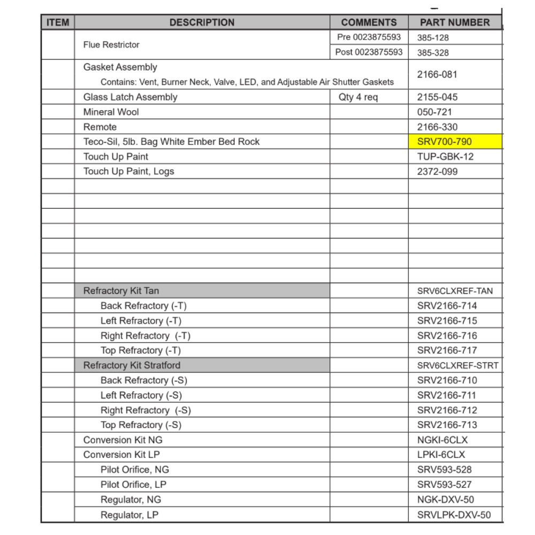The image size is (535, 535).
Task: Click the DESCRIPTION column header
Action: [202, 22]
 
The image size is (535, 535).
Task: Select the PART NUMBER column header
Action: [454, 22]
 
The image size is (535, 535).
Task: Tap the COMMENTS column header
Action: [369, 22]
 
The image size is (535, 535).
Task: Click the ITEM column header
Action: [58, 22]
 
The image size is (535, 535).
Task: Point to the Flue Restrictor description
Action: [111, 45]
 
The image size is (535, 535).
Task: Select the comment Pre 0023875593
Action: [369, 37]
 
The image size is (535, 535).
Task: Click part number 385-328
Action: [433, 52]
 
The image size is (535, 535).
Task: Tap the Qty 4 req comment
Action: [358, 97]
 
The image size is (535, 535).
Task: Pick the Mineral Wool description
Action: [111, 112]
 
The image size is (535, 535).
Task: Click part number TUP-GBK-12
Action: [445, 157]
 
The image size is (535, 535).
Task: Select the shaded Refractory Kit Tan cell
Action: [202, 291]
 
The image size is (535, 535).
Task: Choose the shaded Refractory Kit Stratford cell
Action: [202, 365]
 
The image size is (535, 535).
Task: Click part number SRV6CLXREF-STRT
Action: [457, 365]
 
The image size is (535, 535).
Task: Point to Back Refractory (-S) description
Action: [143, 380]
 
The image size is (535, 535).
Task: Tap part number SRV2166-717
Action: [447, 350]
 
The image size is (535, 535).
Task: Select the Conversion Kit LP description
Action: [121, 455]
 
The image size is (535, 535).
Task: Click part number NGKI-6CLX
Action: [442, 440]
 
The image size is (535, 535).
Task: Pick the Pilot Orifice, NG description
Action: [134, 470]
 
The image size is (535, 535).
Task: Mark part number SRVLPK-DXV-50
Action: [453, 515]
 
